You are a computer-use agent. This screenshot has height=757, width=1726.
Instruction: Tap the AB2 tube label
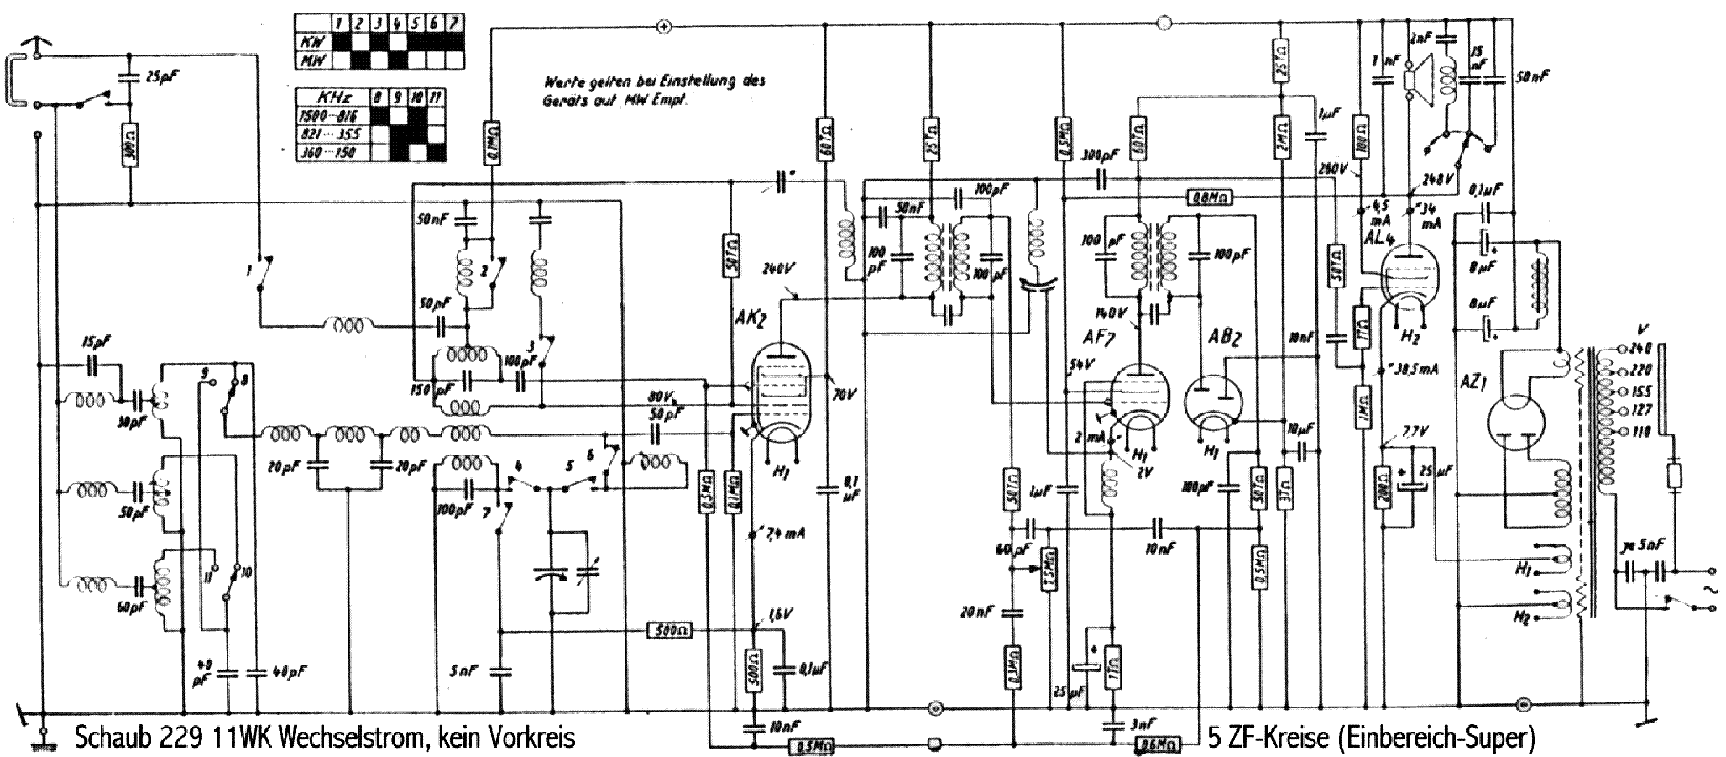pyautogui.click(x=1223, y=338)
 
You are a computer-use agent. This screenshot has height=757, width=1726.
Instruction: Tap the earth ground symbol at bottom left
pyautogui.click(x=39, y=740)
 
